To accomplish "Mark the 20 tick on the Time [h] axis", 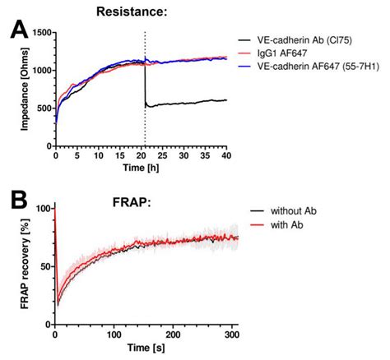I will click(x=141, y=155).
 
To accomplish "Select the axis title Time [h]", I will click(x=141, y=167).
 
